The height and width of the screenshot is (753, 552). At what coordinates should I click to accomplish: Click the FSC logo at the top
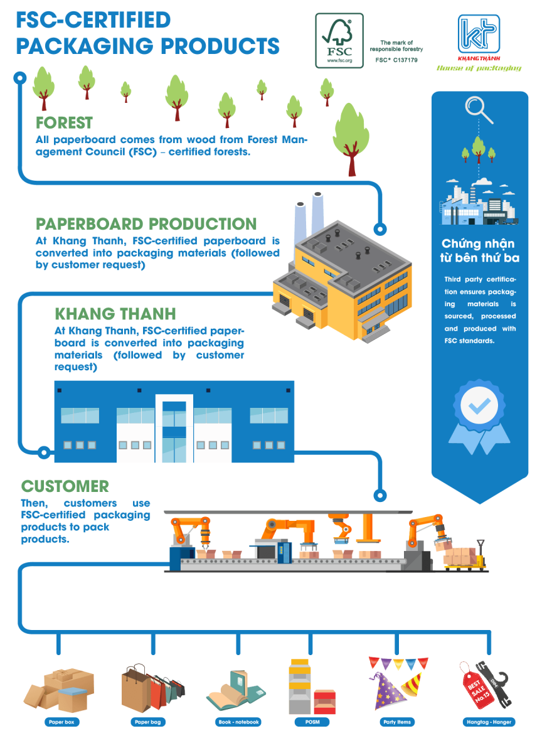point(339,40)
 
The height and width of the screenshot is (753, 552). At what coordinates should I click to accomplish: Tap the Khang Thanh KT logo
point(479,36)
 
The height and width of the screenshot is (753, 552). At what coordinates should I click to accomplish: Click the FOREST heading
point(64,123)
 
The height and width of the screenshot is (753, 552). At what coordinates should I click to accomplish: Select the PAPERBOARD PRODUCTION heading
point(146,224)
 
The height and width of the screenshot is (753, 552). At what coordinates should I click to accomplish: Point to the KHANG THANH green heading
point(115,314)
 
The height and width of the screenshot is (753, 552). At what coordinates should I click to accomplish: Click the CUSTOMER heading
point(65,486)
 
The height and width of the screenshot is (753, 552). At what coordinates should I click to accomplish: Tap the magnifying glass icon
point(478,110)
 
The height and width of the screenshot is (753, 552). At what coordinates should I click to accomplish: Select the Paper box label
point(61,722)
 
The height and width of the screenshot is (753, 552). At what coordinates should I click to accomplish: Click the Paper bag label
point(148,722)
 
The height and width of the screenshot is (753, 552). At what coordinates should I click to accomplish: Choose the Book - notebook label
point(238,722)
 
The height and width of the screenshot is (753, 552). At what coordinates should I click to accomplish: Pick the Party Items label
point(397,722)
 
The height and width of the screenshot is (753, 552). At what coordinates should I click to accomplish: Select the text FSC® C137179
point(396,60)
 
